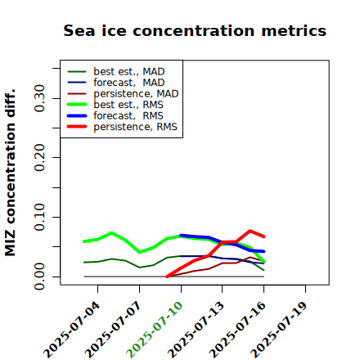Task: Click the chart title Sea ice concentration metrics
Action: [x=195, y=30]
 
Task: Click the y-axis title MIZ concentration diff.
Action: [x=10, y=173]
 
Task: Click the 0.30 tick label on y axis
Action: [x=39, y=98]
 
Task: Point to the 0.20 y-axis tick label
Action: [x=39, y=158]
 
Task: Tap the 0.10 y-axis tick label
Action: [x=39, y=217]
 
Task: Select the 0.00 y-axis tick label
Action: [x=39, y=277]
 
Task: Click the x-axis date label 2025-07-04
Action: [x=72, y=330]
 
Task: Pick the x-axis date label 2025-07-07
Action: [x=114, y=330]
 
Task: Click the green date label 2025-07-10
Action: [x=155, y=330]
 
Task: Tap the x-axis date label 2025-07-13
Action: [x=196, y=330]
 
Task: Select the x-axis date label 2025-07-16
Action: [x=238, y=330]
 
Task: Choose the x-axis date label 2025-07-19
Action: [x=279, y=330]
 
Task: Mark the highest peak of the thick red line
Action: [x=250, y=231]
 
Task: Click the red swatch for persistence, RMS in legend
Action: [x=77, y=127]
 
